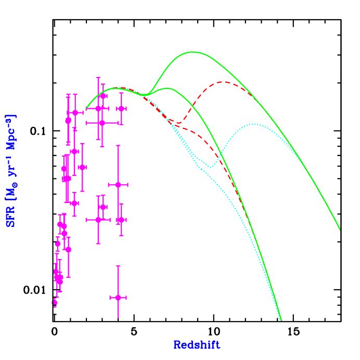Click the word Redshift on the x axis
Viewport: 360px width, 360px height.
point(197,345)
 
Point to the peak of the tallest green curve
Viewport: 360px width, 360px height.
point(194,52)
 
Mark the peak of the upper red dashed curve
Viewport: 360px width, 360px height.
point(224,82)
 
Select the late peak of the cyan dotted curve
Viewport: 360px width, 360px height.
point(254,124)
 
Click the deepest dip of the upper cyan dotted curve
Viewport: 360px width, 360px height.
point(210,167)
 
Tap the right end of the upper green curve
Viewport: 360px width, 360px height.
point(340,229)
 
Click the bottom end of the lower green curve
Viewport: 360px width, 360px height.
point(281,320)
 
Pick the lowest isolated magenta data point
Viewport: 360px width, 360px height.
point(118,298)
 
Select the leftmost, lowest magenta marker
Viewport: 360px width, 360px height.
point(55,302)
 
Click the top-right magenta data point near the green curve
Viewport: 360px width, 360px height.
point(121,108)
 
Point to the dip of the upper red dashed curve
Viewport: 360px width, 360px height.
point(179,123)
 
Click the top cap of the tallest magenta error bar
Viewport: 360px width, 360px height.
point(98,78)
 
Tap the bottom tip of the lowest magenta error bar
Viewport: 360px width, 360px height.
point(118,317)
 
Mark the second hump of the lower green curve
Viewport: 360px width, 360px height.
point(167,88)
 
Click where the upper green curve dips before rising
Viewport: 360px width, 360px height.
point(148,95)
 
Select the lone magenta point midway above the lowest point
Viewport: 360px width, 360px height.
point(118,185)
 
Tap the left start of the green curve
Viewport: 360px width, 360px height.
point(86,108)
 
